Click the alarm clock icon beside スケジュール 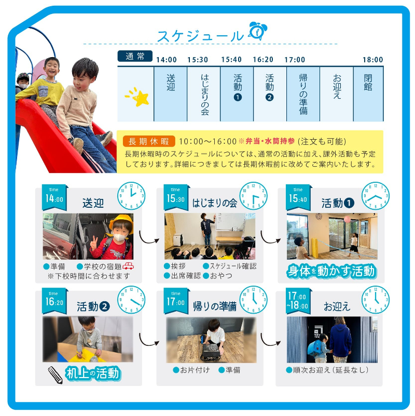[x=258, y=31]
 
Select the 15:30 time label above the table [x=198, y=60]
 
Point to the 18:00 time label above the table [x=372, y=60]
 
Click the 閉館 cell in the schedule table [x=368, y=94]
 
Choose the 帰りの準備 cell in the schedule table [x=303, y=94]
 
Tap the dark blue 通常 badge [x=135, y=56]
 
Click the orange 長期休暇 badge [x=149, y=141]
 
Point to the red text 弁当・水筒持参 [x=270, y=141]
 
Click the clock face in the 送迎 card [x=131, y=196]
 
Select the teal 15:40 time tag [x=298, y=197]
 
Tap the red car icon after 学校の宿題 [x=128, y=265]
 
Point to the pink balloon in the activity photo [x=347, y=219]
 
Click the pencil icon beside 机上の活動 [x=56, y=375]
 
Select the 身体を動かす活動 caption [x=331, y=272]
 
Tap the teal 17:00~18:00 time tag [x=298, y=301]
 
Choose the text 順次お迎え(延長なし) [x=327, y=370]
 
